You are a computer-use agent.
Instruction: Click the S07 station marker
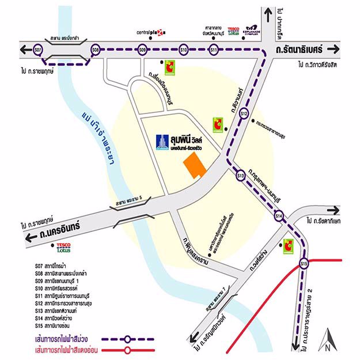38,50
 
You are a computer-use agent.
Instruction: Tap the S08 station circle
96,50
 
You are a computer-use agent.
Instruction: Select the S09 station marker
142,50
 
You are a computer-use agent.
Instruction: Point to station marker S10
184,50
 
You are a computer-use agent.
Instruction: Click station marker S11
213,50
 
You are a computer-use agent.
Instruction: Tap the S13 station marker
241,175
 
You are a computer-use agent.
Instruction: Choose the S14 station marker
279,216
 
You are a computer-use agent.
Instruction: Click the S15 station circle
305,264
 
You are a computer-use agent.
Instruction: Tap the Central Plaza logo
150,32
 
